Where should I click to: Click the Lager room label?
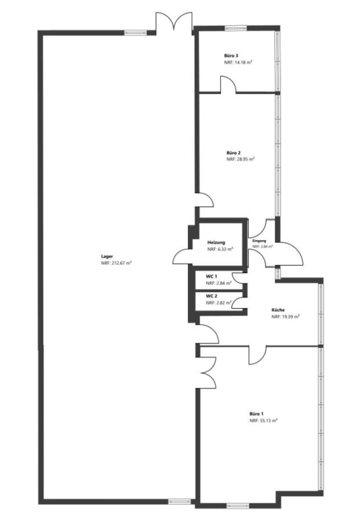click(x=107, y=256)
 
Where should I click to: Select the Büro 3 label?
click(x=231, y=56)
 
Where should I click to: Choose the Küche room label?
click(x=278, y=310)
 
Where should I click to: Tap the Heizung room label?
click(x=216, y=242)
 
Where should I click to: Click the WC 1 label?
click(x=212, y=277)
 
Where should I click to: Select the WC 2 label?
click(x=212, y=296)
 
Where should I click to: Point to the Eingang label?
click(x=259, y=241)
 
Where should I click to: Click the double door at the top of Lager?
click(x=174, y=22)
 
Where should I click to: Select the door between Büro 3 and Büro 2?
click(x=228, y=84)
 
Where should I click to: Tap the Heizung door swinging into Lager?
click(x=181, y=257)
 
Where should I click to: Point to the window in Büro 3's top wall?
click(x=235, y=28)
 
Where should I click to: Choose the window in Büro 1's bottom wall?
click(x=238, y=506)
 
